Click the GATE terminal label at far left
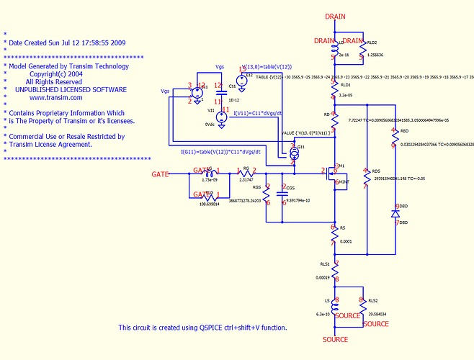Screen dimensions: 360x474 pos(160,174)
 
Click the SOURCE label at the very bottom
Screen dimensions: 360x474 pos(335,339)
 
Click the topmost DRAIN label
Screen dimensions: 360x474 pos(335,17)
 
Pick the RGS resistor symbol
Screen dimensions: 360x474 pos(267,193)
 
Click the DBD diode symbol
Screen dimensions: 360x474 pos(395,214)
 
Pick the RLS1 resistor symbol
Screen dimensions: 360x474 pos(334,271)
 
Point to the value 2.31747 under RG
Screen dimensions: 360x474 pos(246,180)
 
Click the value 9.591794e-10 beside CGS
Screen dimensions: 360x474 pos(302,200)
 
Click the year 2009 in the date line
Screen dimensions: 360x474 pos(117,43)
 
